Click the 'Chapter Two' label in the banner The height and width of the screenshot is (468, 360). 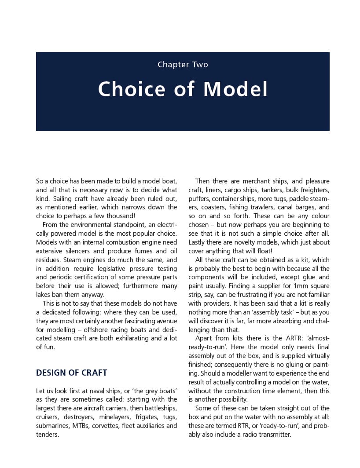(183, 65)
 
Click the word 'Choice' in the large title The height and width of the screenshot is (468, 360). (132, 89)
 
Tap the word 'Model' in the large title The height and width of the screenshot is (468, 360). (235, 89)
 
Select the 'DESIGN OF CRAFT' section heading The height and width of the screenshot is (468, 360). (71, 373)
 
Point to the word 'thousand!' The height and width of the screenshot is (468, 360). (120, 216)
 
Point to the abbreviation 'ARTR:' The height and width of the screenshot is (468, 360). (290, 338)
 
